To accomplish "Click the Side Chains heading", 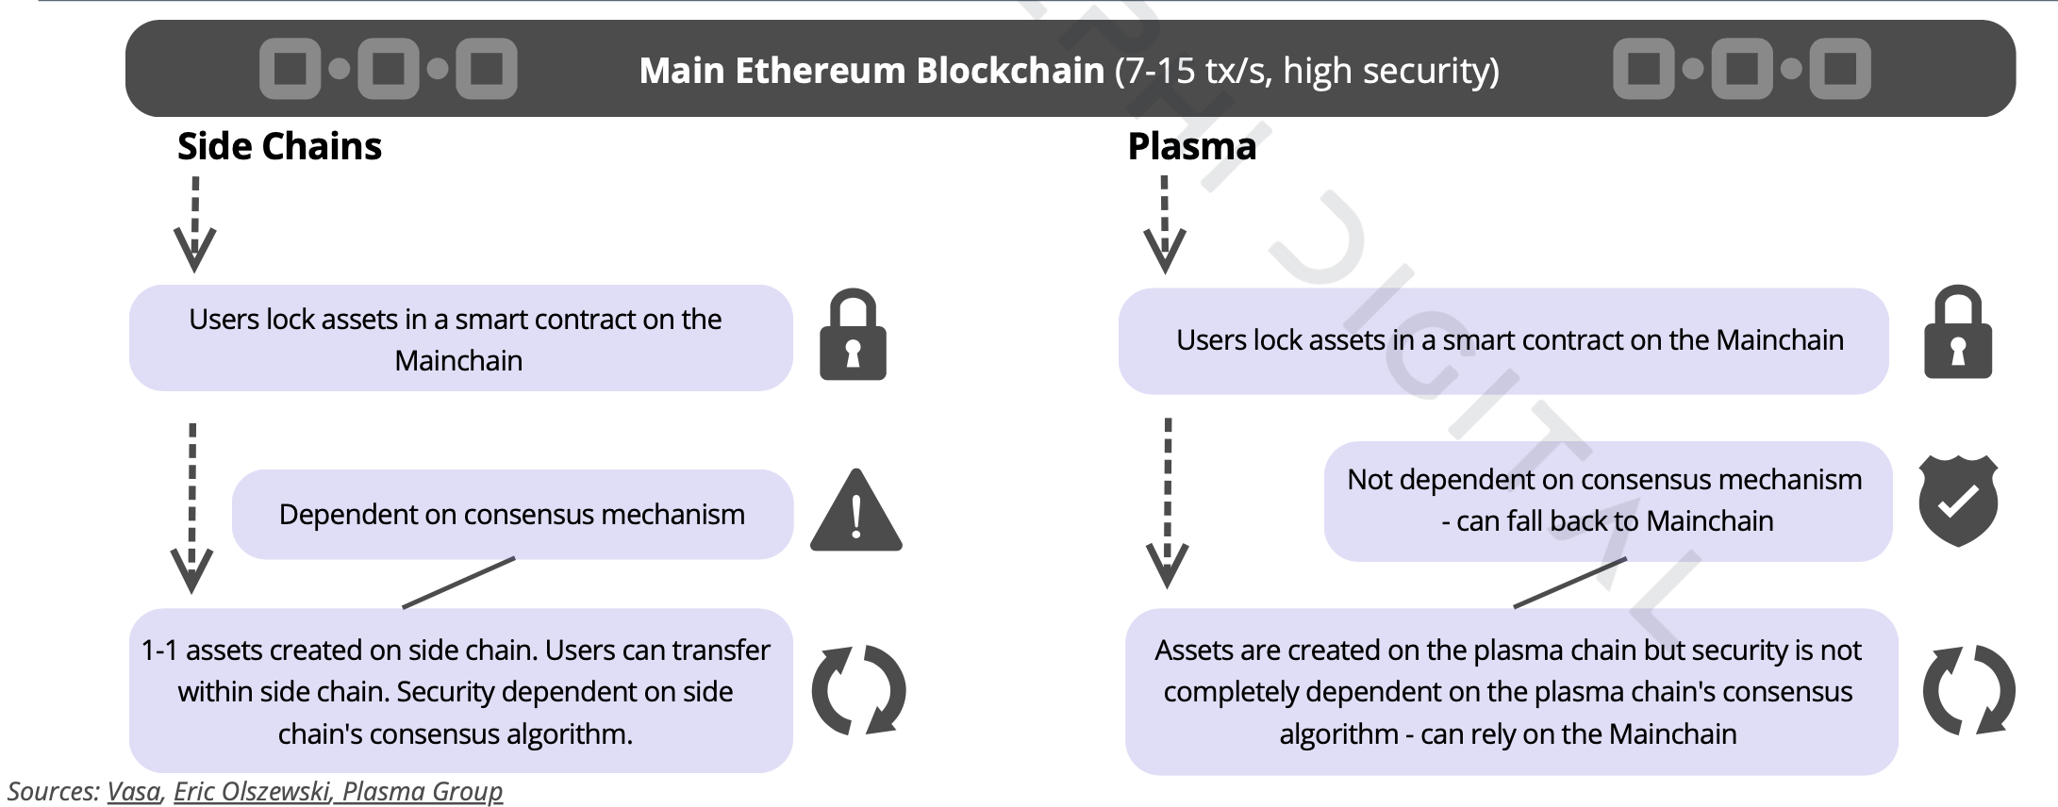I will point(279,147).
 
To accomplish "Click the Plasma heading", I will point(1191,147).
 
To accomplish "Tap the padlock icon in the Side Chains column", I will point(853,336).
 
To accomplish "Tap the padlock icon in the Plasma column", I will point(1958,334).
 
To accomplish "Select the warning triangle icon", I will point(855,513).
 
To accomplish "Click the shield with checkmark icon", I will point(1958,501).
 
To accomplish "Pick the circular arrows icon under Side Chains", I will point(858,690).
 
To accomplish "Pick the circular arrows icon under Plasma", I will point(1968,690).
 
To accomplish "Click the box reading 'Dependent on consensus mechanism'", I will point(511,515).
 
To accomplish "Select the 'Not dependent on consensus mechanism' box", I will point(1606,501).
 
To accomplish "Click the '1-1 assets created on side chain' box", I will point(459,691).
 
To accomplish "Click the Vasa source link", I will point(133,791).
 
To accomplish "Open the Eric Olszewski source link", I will point(251,791).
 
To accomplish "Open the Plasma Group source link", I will point(422,791).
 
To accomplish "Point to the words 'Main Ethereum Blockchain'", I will point(871,71).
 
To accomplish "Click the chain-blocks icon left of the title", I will point(388,69).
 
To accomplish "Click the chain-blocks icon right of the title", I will point(1741,69).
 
